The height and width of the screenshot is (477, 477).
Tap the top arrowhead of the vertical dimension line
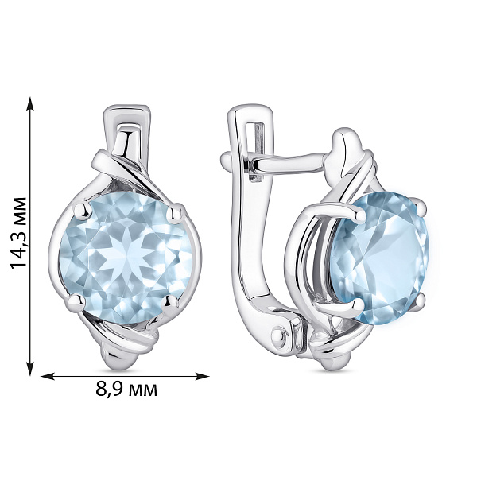(x=30, y=103)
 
